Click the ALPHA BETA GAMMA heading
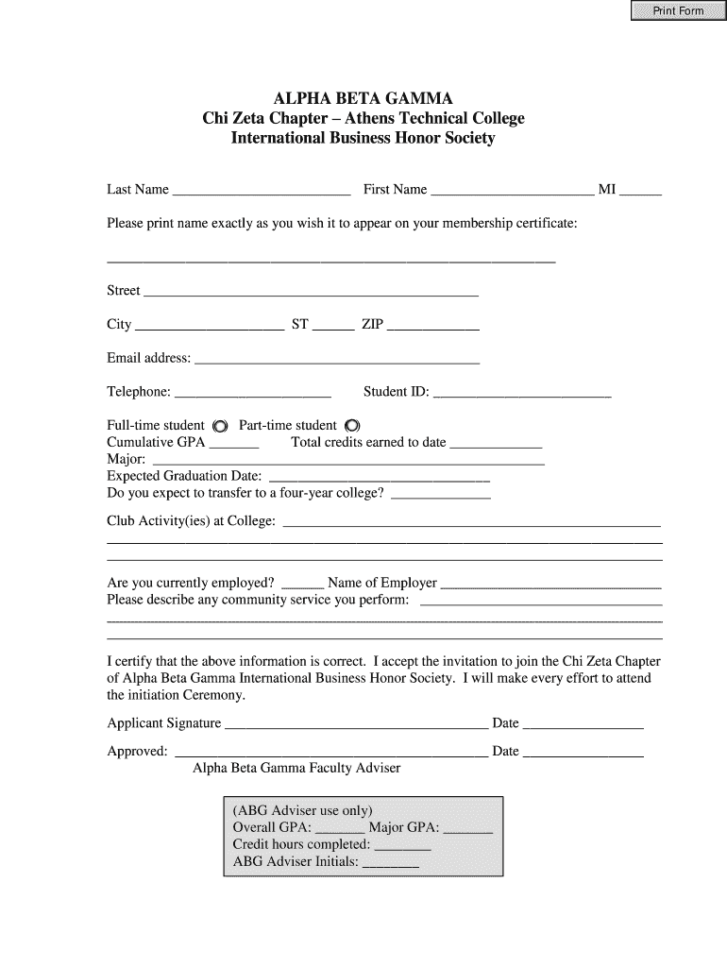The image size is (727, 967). (x=363, y=98)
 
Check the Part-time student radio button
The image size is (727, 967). (x=353, y=425)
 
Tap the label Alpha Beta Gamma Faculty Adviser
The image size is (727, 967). (x=296, y=768)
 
